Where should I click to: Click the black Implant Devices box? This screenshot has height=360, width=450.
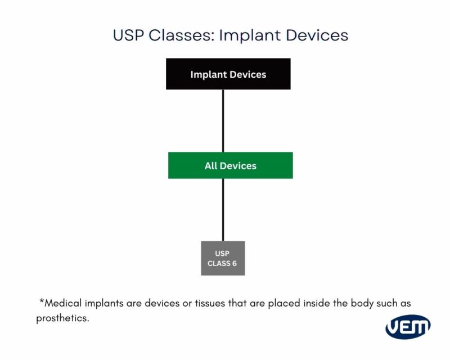point(228,74)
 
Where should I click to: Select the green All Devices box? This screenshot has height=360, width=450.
point(230,165)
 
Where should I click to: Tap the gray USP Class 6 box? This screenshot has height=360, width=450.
point(223,258)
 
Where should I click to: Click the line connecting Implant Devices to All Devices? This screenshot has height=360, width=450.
point(223,120)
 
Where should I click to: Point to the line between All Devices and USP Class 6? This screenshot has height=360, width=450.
point(223,209)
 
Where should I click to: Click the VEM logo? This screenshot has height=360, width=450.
point(408,327)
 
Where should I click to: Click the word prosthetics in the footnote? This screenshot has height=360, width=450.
point(62,318)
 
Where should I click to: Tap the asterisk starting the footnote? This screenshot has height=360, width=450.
point(42,302)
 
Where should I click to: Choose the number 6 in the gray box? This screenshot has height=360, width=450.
point(235,263)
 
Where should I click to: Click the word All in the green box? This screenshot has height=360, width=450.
point(211,166)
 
